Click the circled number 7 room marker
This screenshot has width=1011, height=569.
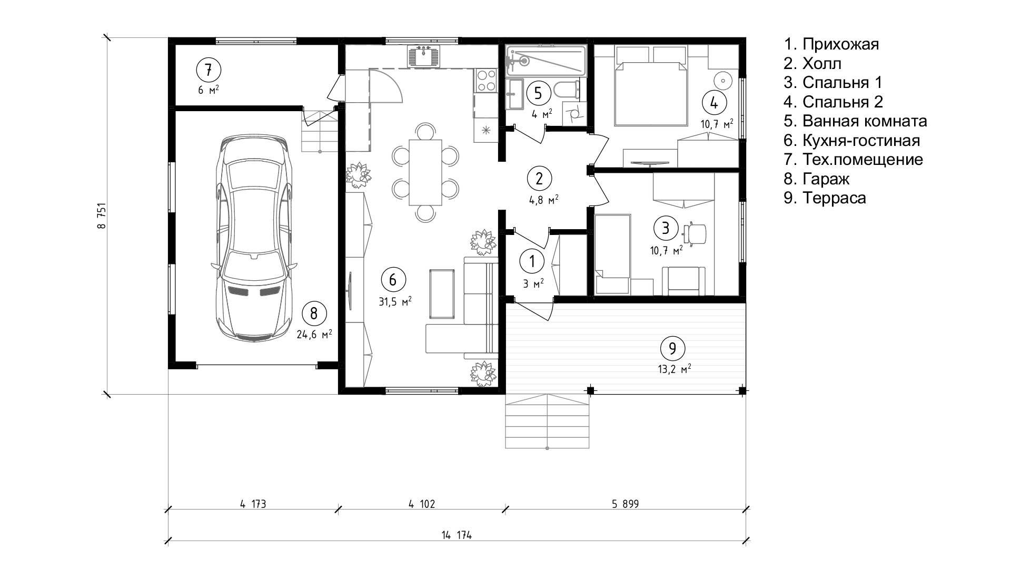click(208, 70)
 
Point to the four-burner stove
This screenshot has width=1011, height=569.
click(486, 81)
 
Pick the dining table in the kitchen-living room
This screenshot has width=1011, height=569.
click(425, 172)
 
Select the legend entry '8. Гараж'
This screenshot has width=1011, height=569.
click(816, 179)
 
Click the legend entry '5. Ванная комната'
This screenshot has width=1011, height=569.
click(855, 121)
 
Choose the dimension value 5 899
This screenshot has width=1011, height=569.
click(625, 504)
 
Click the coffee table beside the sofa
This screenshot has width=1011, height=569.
click(442, 293)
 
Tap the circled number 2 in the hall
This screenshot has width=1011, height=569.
click(539, 179)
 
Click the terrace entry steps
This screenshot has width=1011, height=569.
click(548, 421)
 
